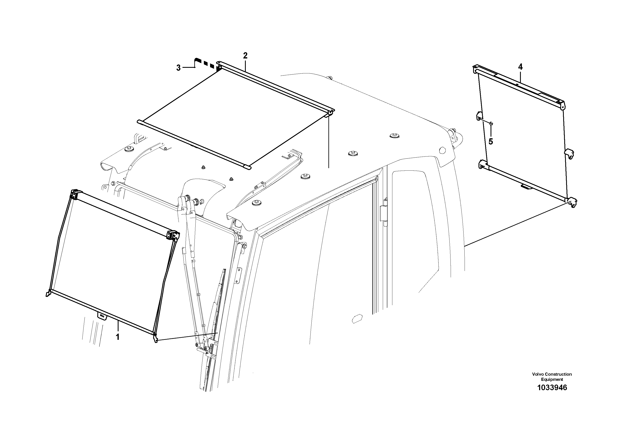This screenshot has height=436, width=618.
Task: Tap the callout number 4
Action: point(520,67)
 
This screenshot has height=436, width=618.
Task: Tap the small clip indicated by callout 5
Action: point(490,124)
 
